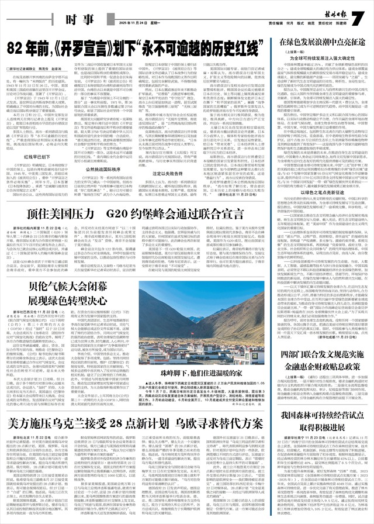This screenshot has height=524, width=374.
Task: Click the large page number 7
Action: [357, 19]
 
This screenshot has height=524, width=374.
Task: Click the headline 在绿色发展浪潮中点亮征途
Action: [318, 42]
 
